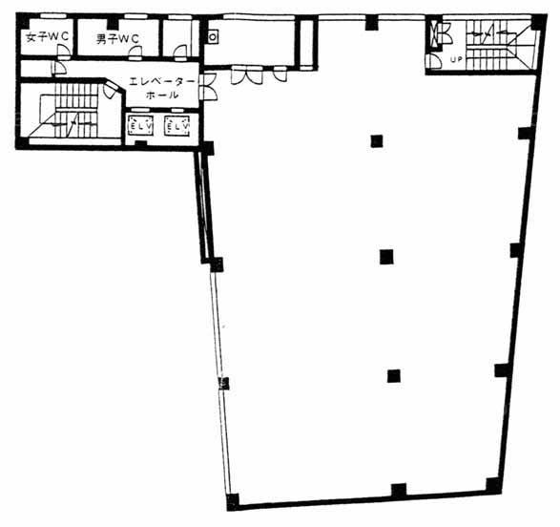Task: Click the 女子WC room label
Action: pos(47,37)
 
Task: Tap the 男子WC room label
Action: pos(117,38)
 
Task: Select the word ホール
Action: pos(162,95)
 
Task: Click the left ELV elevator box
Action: pos(140,126)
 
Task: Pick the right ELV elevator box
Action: pos(176,126)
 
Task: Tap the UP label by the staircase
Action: pos(456,59)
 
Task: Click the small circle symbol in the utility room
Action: pos(213,37)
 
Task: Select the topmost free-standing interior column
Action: pos(377,140)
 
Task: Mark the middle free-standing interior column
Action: pos(386,257)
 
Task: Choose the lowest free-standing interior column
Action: pos(394,376)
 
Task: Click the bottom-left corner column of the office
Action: pos(233,502)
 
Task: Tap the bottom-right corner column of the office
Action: pos(493,486)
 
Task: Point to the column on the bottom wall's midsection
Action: pos(399,491)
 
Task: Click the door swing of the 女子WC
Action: pos(64,53)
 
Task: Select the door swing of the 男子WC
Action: pos(135,53)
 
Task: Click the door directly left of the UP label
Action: pos(434,61)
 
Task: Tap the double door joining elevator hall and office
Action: pos(209,87)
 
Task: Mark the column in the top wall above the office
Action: pos(372,23)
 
